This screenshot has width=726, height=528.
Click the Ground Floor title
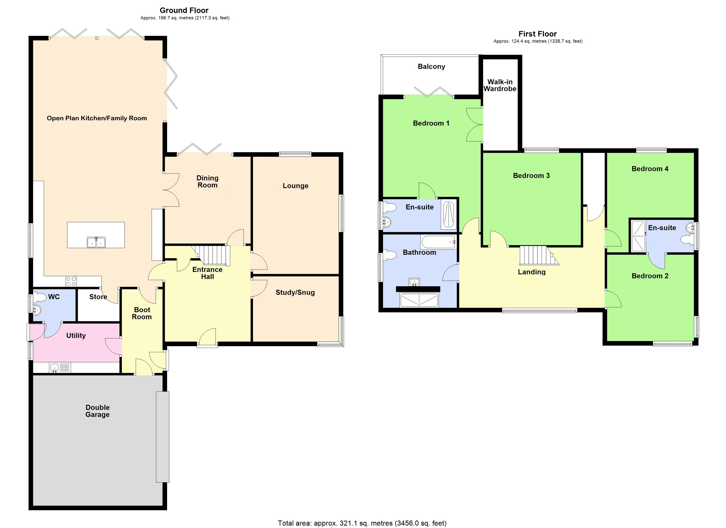[x=184, y=10]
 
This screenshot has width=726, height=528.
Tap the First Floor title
[x=537, y=34]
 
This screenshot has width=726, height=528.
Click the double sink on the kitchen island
[x=96, y=242]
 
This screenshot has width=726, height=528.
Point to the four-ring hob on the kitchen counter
[x=71, y=281]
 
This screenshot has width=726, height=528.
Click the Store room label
[x=98, y=297]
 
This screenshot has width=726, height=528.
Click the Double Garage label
[x=98, y=411]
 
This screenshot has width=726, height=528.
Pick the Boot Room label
[x=142, y=313]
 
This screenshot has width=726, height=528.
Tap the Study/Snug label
[x=295, y=292]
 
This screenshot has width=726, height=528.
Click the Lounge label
[x=295, y=186]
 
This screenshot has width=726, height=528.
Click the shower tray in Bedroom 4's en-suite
[x=638, y=236]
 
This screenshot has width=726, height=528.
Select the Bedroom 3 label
[x=531, y=176]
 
